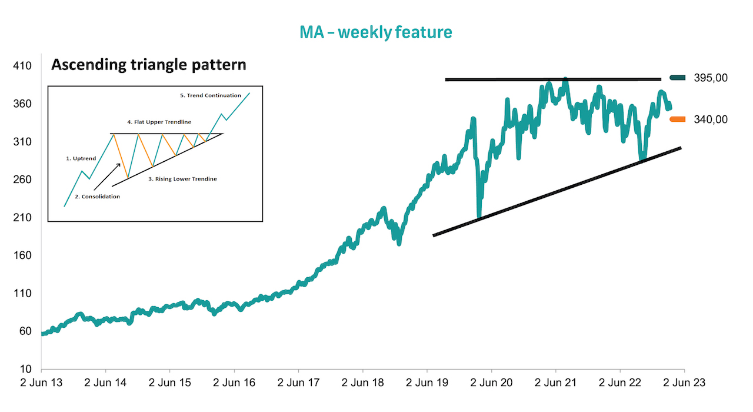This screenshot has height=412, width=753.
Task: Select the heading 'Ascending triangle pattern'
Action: tap(148, 64)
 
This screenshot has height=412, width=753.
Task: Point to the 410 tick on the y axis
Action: tap(23, 66)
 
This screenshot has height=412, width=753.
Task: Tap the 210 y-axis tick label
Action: tap(23, 218)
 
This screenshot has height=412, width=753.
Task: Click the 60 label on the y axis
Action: tap(25, 331)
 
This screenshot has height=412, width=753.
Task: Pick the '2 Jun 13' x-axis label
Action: tap(41, 383)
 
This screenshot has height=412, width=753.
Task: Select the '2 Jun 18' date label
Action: tap(362, 383)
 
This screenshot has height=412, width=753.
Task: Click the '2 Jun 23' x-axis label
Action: tap(684, 383)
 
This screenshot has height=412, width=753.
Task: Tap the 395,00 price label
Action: tap(711, 78)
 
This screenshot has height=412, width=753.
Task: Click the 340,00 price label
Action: tap(711, 119)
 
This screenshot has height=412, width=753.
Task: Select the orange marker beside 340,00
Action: tap(678, 119)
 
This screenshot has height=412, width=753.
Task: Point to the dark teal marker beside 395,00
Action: tap(678, 78)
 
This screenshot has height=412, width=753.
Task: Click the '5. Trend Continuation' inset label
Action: tap(210, 95)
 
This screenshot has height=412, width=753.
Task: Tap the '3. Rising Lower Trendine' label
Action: tap(182, 178)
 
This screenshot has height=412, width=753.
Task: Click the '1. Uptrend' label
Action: tap(80, 158)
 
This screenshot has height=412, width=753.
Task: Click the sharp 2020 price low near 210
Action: tap(479, 217)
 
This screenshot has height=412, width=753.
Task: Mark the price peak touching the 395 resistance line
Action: tap(565, 79)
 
